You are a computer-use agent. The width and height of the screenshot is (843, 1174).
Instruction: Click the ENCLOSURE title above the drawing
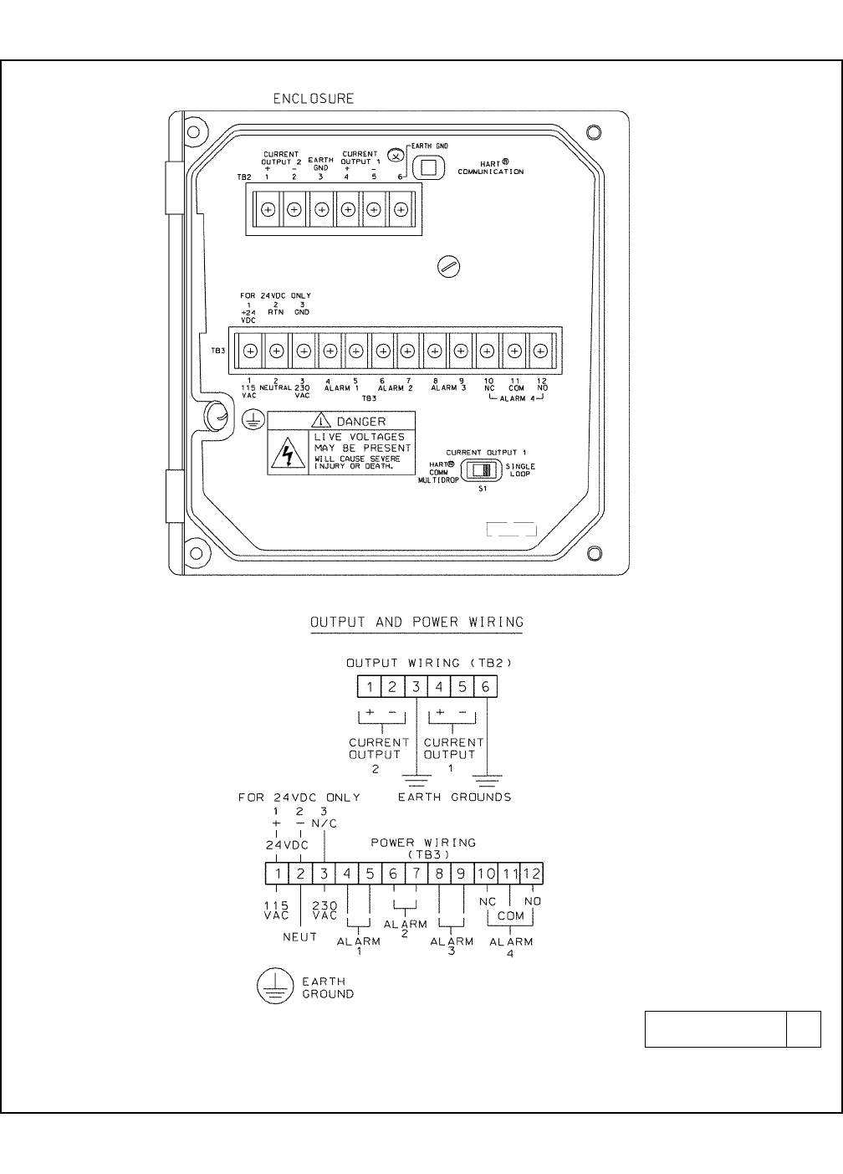(x=314, y=99)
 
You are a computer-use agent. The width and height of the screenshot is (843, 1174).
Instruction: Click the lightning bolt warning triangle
(x=289, y=454)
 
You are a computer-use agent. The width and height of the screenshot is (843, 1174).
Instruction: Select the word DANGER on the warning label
(x=360, y=422)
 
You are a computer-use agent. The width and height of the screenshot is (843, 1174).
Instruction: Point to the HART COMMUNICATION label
(x=491, y=167)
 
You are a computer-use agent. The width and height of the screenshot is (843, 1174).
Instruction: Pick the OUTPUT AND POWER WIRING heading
(x=416, y=623)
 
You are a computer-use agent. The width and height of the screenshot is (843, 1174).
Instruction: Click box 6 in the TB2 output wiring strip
(x=485, y=687)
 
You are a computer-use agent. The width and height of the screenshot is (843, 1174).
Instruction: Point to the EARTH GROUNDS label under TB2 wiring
(x=454, y=797)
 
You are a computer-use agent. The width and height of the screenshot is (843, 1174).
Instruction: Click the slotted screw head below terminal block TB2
(x=449, y=267)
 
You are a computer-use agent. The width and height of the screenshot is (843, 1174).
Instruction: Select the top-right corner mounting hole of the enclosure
(x=594, y=132)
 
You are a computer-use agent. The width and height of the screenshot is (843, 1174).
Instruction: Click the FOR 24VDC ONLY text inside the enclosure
(x=275, y=295)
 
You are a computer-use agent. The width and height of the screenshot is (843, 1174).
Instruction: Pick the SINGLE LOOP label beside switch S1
(x=520, y=470)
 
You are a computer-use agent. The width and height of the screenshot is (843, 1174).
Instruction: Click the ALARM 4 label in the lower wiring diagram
(x=511, y=946)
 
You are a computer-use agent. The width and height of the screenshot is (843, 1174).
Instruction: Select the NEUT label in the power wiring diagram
(x=300, y=937)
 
